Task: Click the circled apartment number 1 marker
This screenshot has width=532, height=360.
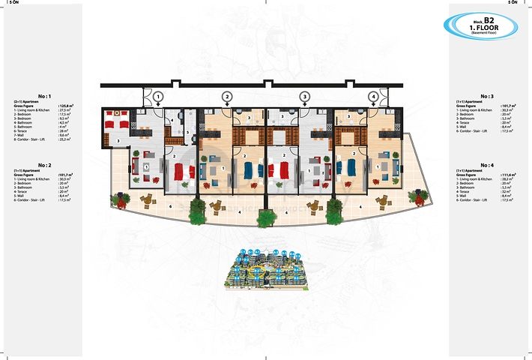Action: click(158, 96)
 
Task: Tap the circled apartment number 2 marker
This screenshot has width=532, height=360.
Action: click(227, 96)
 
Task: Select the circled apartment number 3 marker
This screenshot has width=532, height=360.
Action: click(304, 96)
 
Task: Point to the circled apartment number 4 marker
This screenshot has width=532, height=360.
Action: click(373, 96)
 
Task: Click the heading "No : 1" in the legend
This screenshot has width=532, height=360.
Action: click(45, 96)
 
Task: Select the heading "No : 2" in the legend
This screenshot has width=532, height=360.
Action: click(45, 163)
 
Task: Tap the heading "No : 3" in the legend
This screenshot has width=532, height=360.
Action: click(487, 96)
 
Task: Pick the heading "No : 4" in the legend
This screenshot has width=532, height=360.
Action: click(487, 163)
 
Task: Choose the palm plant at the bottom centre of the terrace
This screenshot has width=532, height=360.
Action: click(265, 218)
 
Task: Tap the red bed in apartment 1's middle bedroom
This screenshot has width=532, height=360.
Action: click(184, 172)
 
